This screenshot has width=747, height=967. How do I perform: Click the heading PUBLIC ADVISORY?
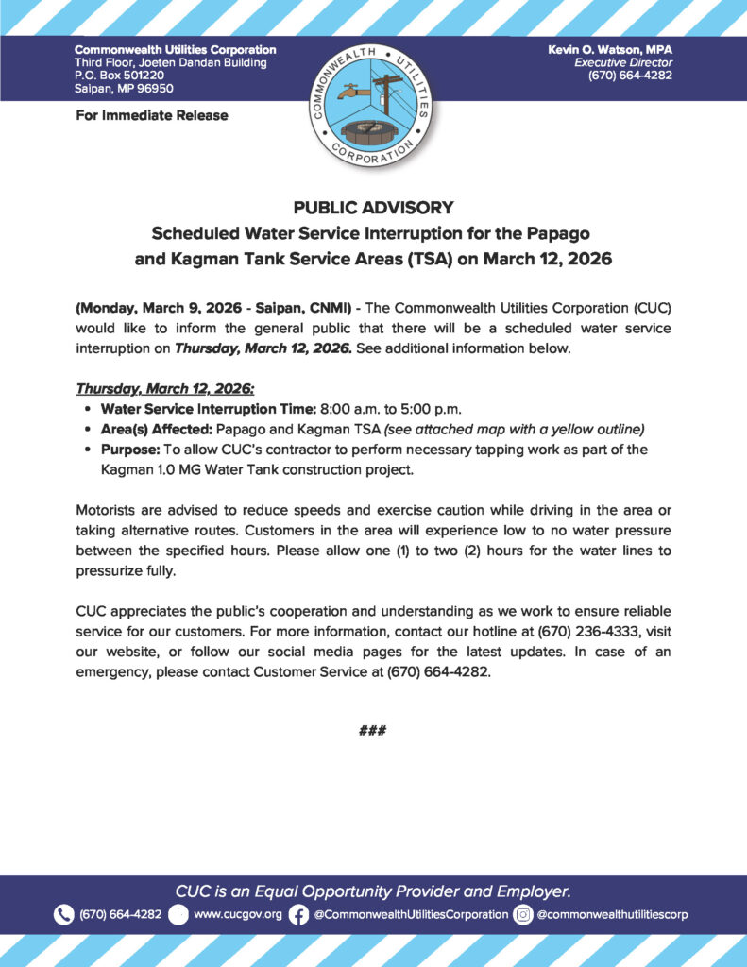click(x=373, y=208)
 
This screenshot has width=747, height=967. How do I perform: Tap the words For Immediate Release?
click(x=151, y=115)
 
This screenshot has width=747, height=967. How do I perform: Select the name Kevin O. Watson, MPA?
click(x=609, y=49)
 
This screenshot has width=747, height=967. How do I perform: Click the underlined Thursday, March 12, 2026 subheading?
click(x=164, y=389)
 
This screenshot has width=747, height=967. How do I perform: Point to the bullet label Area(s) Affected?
click(x=151, y=429)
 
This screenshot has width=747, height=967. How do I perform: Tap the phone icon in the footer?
click(x=63, y=915)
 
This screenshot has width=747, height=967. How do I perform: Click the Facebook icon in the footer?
click(x=298, y=915)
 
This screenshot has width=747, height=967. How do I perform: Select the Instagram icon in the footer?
click(x=522, y=915)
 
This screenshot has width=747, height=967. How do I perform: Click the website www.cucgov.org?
click(x=237, y=915)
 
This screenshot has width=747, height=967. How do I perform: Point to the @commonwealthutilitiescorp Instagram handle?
click(x=612, y=915)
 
